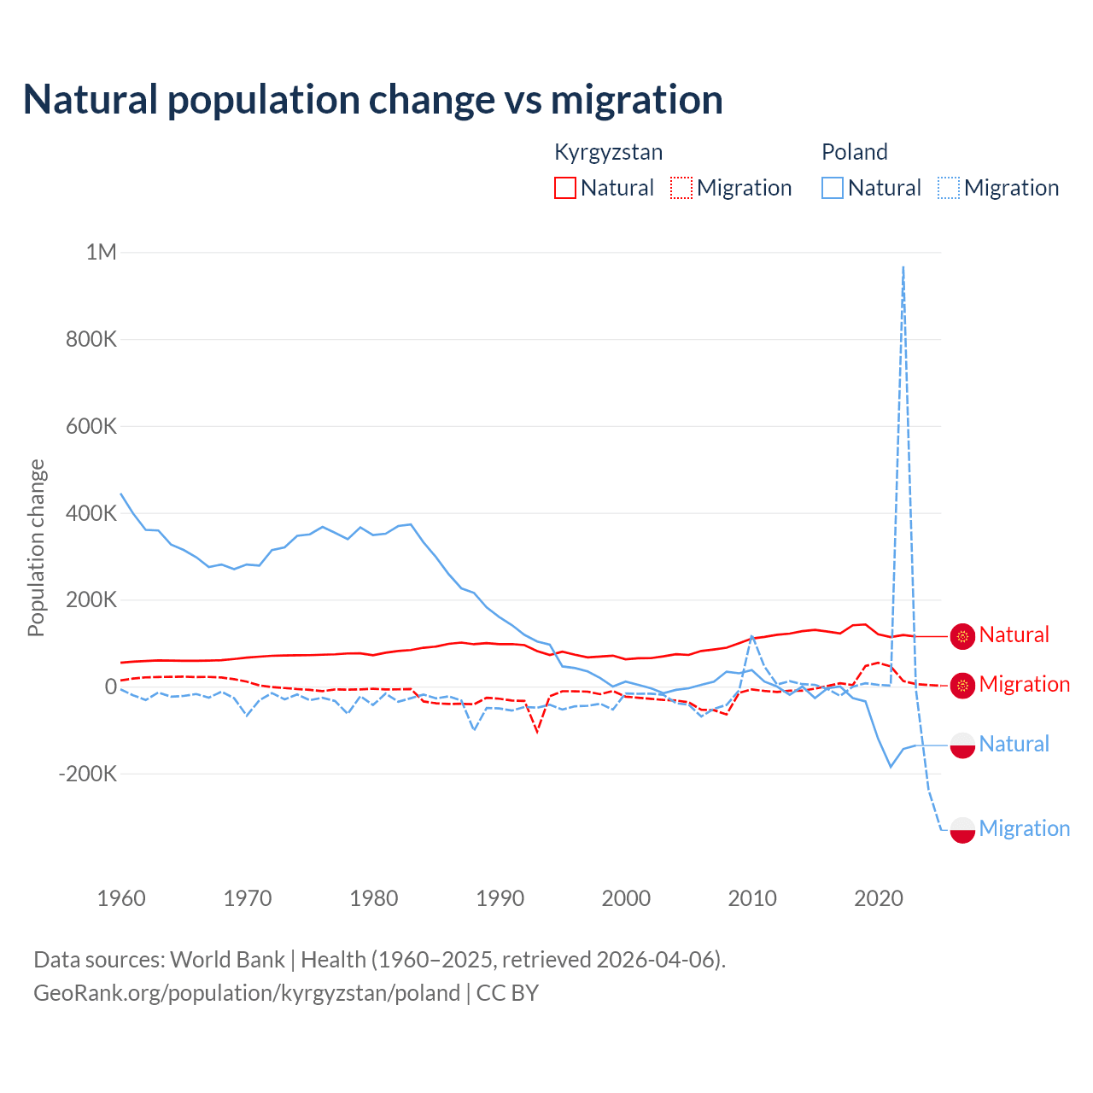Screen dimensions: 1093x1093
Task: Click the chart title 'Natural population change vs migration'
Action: [x=372, y=100]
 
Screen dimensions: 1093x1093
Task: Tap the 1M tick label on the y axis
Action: [x=101, y=252]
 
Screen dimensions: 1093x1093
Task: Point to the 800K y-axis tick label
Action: [x=91, y=339]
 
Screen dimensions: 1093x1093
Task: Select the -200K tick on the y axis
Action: [x=87, y=774]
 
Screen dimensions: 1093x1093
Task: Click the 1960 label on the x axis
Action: [x=121, y=898]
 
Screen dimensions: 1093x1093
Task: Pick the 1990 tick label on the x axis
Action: [x=500, y=898]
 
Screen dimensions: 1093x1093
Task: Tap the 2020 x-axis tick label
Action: [x=878, y=898]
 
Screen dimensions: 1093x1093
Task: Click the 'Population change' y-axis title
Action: [x=36, y=547]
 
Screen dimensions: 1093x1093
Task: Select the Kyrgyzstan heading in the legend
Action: [x=608, y=152]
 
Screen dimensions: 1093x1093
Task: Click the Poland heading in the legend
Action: [x=854, y=152]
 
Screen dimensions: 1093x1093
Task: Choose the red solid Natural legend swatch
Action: [x=565, y=188]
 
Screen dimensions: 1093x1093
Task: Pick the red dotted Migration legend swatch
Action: [x=681, y=188]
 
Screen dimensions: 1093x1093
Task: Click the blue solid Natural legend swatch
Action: [x=833, y=188]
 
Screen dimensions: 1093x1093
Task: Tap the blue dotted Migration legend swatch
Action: [x=949, y=188]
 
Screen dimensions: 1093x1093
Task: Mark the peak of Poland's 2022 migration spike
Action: [x=903, y=267]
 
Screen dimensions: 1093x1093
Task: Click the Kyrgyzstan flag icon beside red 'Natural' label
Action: [x=962, y=636]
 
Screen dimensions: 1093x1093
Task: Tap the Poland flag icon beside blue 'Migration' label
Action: [x=962, y=829]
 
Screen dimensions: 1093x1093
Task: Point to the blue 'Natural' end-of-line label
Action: [x=1014, y=744]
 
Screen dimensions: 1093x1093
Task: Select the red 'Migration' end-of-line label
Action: [x=1024, y=684]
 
